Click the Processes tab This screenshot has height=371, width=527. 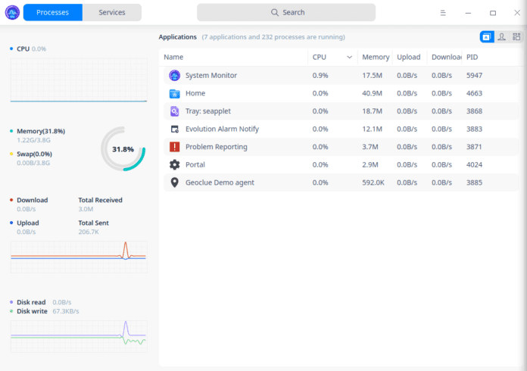coord(52,12)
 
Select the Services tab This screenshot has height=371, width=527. coord(112,12)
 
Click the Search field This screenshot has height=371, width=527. coord(286,12)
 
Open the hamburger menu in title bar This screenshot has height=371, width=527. coord(444,13)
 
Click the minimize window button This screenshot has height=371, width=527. coord(469,13)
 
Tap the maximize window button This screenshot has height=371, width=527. coord(493,13)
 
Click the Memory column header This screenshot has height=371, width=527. coord(375,57)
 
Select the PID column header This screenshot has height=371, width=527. coord(472,57)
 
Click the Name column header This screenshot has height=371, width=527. coord(173,57)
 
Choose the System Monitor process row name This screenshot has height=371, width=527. coord(210,75)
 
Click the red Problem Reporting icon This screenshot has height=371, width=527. coord(174,147)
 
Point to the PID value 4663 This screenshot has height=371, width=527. coord(474,93)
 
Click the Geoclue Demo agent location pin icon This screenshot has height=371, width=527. coord(174,182)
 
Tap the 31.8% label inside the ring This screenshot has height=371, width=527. coord(123,149)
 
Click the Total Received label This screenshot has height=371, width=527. coord(100,200)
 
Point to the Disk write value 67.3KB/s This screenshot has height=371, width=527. coord(66,310)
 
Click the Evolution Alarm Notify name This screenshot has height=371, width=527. coord(222,129)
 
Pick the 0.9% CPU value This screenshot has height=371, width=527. coord(320,75)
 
